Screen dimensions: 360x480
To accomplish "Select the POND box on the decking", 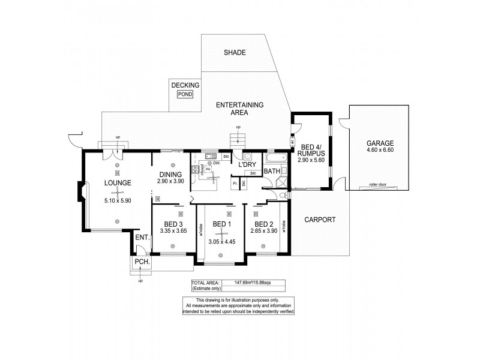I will coord(185,94).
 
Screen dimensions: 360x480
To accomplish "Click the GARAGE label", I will coord(381,143).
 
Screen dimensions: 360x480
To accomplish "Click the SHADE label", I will coord(235,53).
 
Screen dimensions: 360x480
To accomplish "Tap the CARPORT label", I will coord(319,220).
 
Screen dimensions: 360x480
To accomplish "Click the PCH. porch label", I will coord(142,263).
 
